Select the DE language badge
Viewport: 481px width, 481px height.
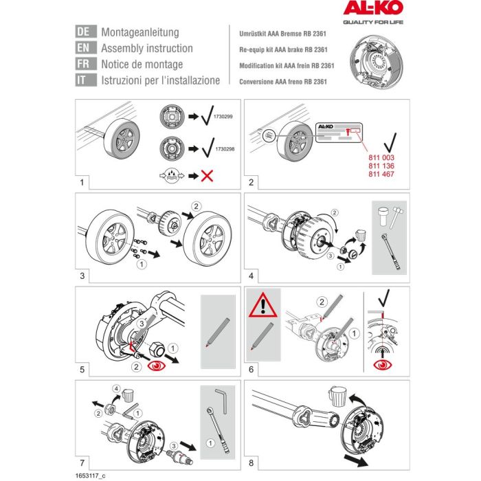click(x=84, y=32)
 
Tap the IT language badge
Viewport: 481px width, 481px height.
click(x=84, y=80)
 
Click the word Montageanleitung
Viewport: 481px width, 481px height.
click(x=139, y=32)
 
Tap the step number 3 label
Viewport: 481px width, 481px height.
click(x=82, y=277)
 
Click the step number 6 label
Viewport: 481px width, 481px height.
click(x=251, y=370)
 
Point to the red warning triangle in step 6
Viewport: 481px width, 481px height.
click(x=265, y=307)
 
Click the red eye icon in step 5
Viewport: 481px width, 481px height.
click(x=159, y=365)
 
